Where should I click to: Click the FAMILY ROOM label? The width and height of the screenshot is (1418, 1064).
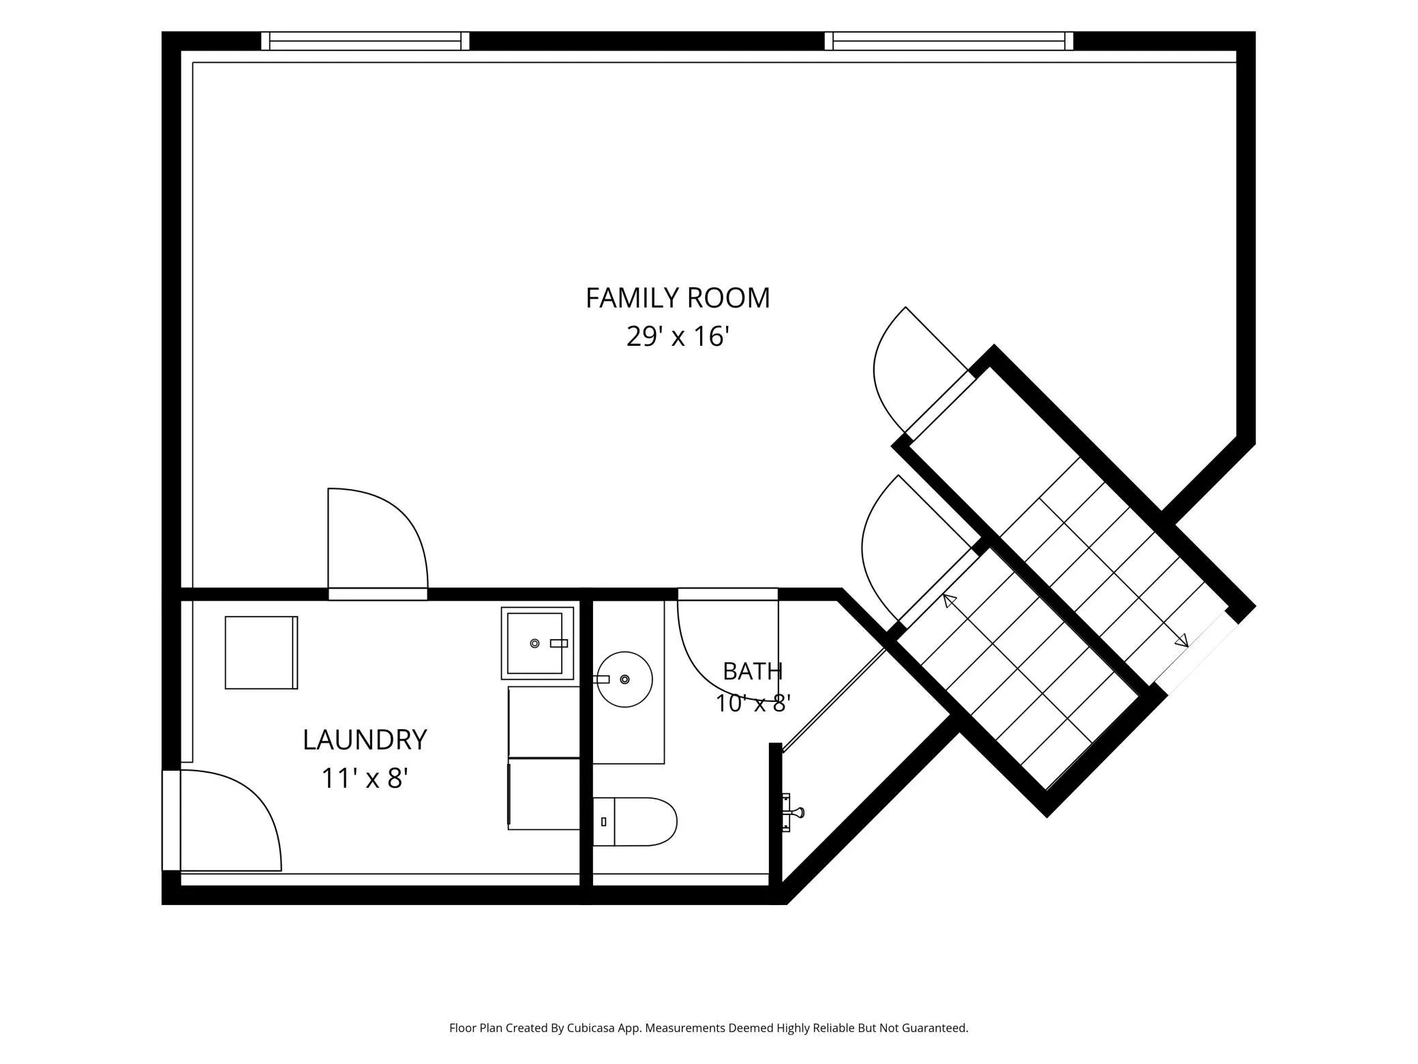click(678, 298)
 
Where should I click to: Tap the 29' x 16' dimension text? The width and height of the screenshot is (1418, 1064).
click(678, 336)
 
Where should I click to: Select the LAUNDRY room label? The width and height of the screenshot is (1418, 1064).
click(365, 740)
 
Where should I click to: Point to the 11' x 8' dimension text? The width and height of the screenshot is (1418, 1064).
click(365, 778)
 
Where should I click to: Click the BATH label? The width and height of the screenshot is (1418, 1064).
click(753, 671)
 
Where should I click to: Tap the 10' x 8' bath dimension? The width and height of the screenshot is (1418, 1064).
click(753, 703)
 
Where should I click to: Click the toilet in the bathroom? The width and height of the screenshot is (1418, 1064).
click(635, 822)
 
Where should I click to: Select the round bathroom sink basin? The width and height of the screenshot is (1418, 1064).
click(624, 679)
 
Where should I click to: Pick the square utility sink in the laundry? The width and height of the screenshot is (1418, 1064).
click(537, 643)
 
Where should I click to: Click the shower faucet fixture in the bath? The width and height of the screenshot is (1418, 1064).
click(792, 812)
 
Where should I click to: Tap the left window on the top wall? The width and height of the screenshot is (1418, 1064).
click(365, 41)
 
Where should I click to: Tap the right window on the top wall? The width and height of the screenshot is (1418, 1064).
click(949, 41)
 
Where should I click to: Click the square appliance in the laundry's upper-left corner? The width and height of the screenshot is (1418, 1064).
click(262, 653)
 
